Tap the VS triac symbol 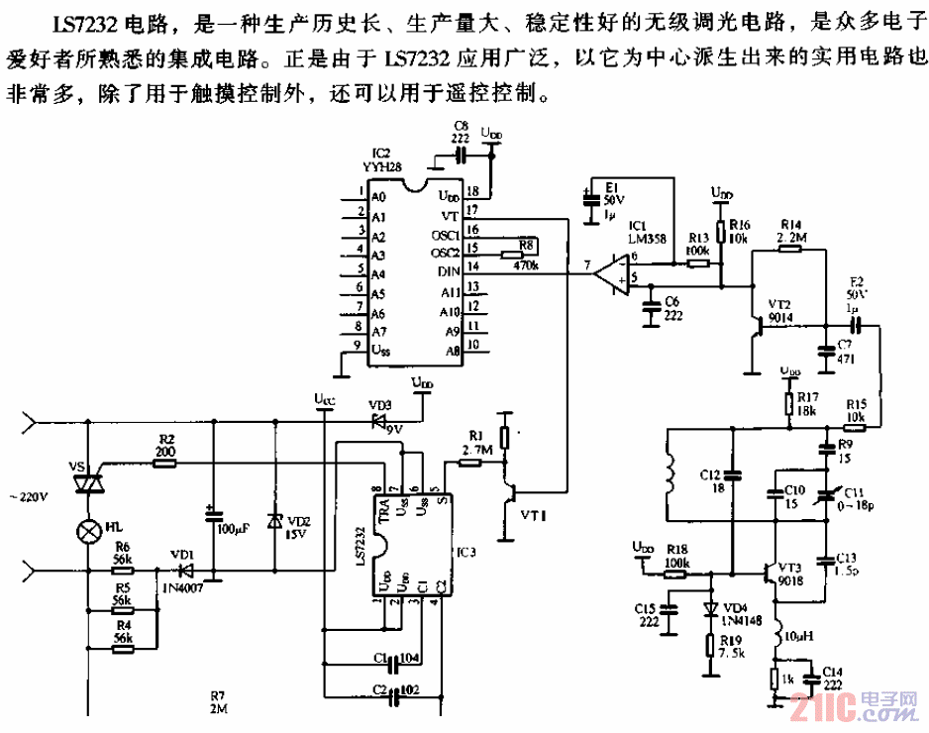click(90, 483)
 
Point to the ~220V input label click(27, 495)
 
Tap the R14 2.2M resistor click(788, 249)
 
